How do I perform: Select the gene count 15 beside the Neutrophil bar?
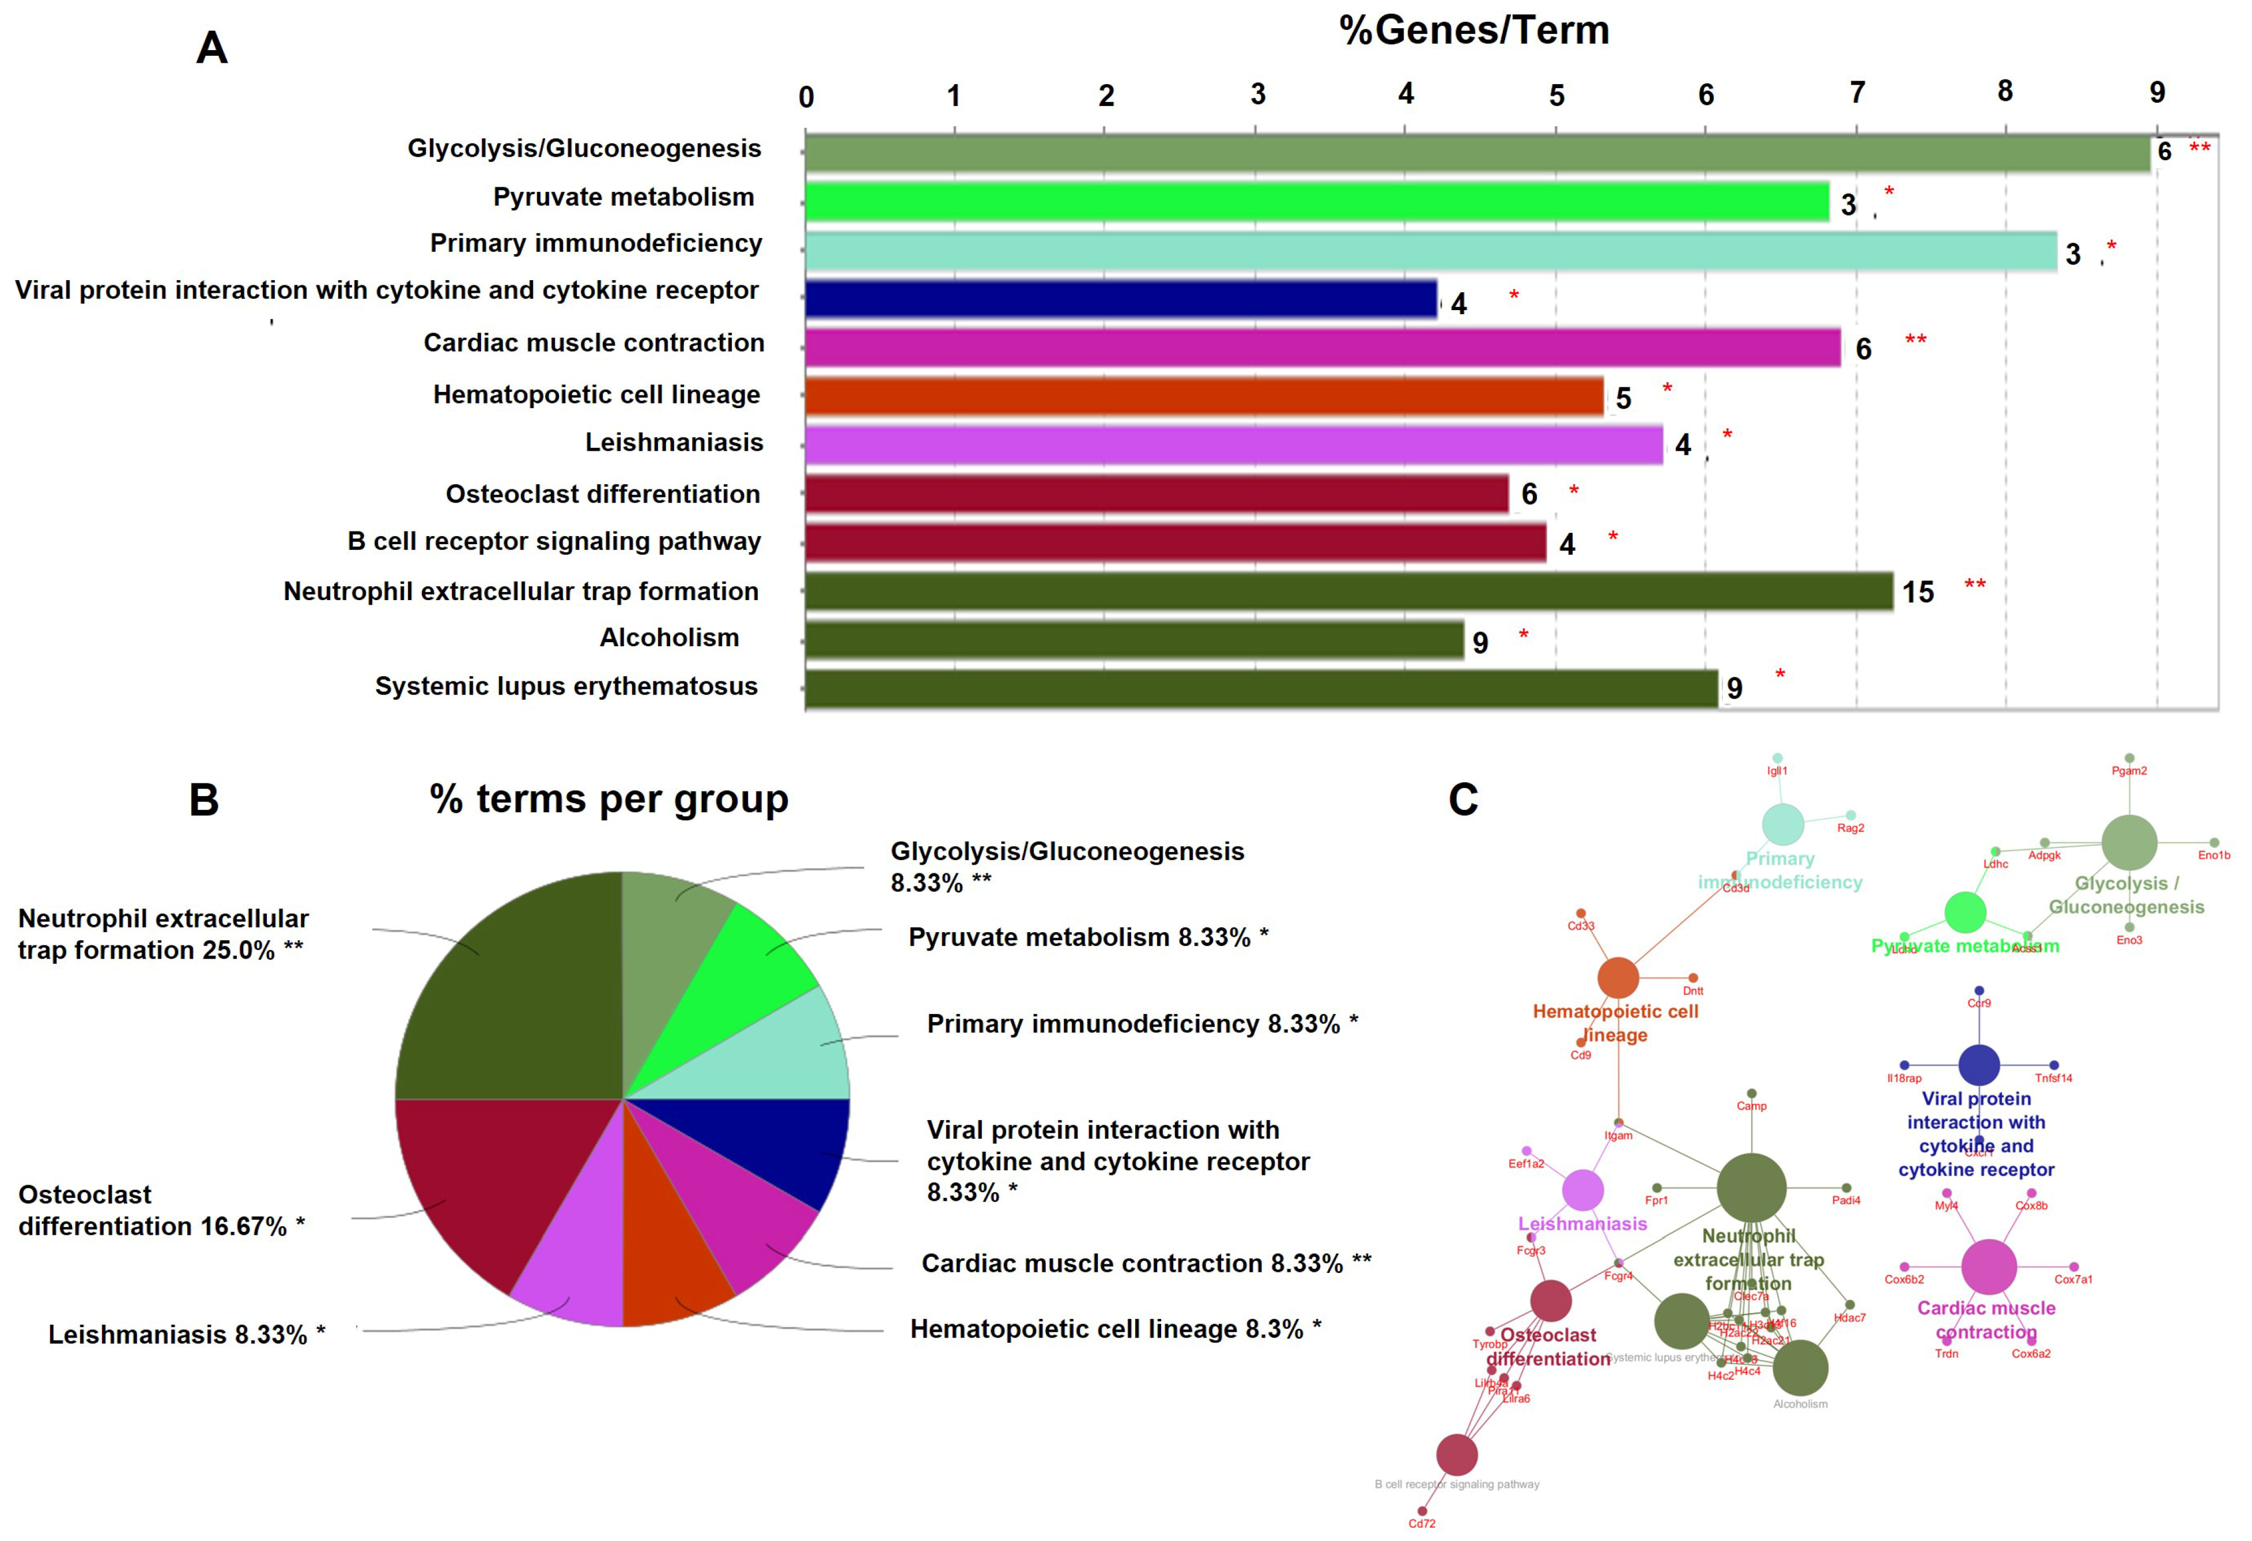tap(1918, 592)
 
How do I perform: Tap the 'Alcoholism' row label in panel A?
tap(668, 638)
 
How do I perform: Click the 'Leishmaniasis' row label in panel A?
tap(674, 443)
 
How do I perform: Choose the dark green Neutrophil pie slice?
tap(513, 999)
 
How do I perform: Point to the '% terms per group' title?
tap(609, 800)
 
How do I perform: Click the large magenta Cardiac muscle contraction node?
tap(1989, 1267)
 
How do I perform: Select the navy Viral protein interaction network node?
tap(1979, 1065)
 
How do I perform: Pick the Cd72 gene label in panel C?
tap(1422, 1524)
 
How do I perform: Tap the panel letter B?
tap(203, 801)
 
